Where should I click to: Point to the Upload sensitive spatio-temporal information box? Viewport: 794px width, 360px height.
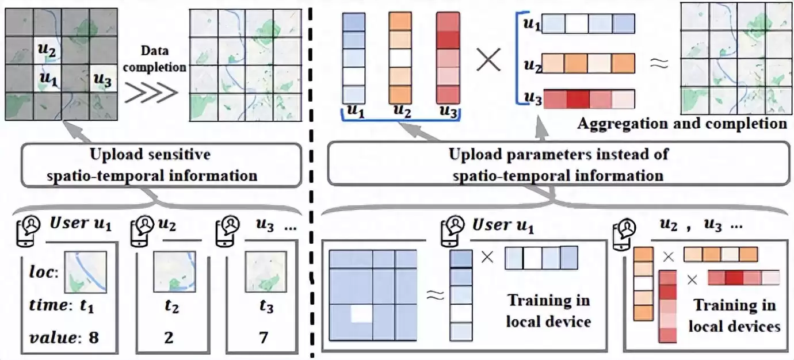162,163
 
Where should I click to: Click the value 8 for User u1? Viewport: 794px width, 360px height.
93,338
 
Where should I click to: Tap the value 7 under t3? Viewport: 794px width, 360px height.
266,338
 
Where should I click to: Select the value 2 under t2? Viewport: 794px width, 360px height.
169,338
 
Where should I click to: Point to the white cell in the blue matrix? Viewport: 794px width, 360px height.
362,314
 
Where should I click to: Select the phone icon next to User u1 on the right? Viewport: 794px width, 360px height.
452,229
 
